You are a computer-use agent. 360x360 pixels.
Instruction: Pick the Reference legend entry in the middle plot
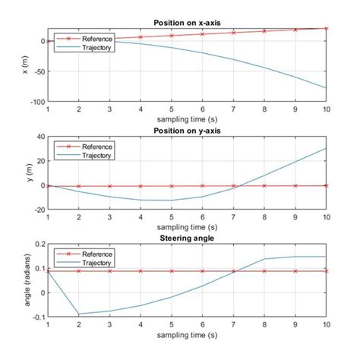tap(96, 147)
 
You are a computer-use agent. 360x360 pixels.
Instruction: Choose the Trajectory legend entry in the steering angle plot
tap(96, 261)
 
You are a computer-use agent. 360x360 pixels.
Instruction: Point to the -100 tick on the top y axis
tap(36, 101)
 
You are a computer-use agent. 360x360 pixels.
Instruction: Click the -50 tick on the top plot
tap(38, 71)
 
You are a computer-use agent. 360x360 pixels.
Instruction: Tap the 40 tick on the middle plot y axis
tap(39, 137)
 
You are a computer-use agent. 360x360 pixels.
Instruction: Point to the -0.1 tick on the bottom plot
tap(36, 317)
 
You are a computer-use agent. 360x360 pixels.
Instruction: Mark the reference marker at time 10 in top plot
tap(327, 28)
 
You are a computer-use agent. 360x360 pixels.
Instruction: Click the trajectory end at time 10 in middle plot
tap(327, 148)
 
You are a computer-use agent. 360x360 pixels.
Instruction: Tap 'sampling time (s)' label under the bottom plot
tap(187, 334)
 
